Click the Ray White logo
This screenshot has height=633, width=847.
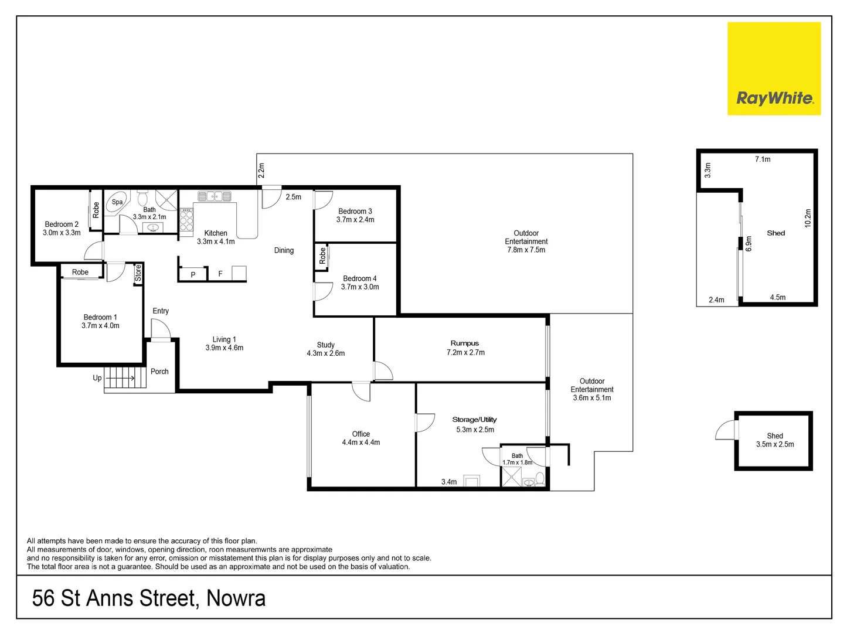[774, 69]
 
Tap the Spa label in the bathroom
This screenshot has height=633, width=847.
[117, 202]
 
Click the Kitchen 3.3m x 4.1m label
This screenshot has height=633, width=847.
[216, 237]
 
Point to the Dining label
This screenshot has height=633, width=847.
[284, 250]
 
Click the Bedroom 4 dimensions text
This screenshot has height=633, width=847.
[360, 287]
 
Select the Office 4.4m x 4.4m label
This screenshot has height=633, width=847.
[361, 438]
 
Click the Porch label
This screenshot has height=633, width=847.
[159, 372]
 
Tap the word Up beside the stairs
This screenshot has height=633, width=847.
[97, 378]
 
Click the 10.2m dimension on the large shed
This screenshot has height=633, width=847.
[808, 218]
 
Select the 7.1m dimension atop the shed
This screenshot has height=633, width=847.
[763, 159]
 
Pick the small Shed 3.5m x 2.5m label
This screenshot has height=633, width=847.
[775, 440]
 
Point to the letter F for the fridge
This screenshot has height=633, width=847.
[220, 274]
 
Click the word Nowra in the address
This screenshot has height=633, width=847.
[236, 598]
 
